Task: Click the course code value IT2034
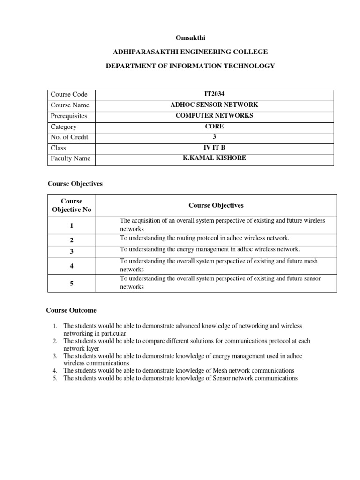coord(214,94)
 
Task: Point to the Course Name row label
coord(70,105)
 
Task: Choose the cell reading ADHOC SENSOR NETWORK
coord(214,105)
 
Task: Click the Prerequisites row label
coord(69,116)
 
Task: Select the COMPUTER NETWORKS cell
coord(214,116)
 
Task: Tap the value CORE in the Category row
coord(214,127)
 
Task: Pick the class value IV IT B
coord(214,148)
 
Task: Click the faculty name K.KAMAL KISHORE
coord(214,158)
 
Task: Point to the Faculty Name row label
coord(70,158)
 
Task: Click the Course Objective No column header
coord(72,205)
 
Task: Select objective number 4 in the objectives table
coord(72,266)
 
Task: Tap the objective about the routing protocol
coord(205,238)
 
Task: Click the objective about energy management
coord(210,249)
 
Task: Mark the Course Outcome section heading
coord(71,310)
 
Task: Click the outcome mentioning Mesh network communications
coord(179,370)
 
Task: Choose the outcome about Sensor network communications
coord(180,378)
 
